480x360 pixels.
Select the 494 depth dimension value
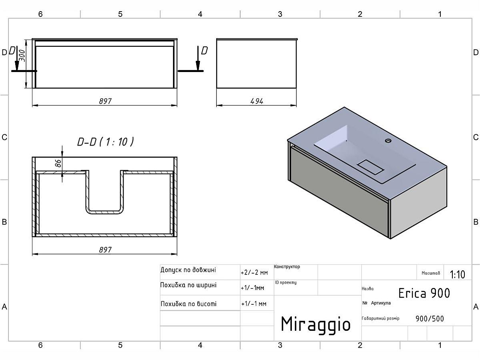click(x=257, y=101)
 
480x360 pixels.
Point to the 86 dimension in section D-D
click(x=58, y=163)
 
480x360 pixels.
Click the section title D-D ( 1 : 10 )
click(x=105, y=142)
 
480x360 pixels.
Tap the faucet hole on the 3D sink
click(x=388, y=140)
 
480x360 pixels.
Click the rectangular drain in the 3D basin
click(x=370, y=166)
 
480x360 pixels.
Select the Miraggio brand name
click(x=315, y=324)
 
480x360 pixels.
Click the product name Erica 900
click(x=424, y=293)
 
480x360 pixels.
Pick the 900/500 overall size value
click(x=430, y=319)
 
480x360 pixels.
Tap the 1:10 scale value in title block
click(x=457, y=274)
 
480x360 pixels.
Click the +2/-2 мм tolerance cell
click(x=254, y=273)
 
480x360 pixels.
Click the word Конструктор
click(x=287, y=267)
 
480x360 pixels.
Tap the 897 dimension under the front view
click(x=105, y=101)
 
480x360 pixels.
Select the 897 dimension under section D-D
click(x=105, y=250)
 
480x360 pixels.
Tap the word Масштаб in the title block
click(x=430, y=273)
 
